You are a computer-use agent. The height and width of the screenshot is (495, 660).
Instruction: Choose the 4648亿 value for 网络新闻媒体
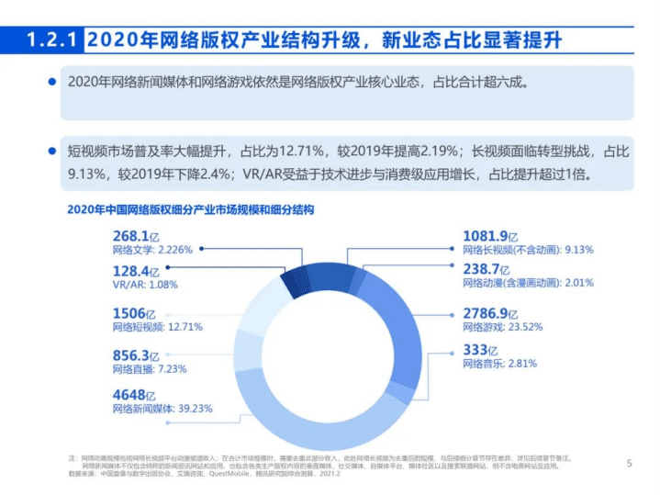click(132, 396)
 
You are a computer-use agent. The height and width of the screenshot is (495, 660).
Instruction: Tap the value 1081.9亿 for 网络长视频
click(496, 236)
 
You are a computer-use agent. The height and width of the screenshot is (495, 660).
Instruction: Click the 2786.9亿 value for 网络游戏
click(496, 313)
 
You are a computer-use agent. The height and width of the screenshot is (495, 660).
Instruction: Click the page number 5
click(629, 462)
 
